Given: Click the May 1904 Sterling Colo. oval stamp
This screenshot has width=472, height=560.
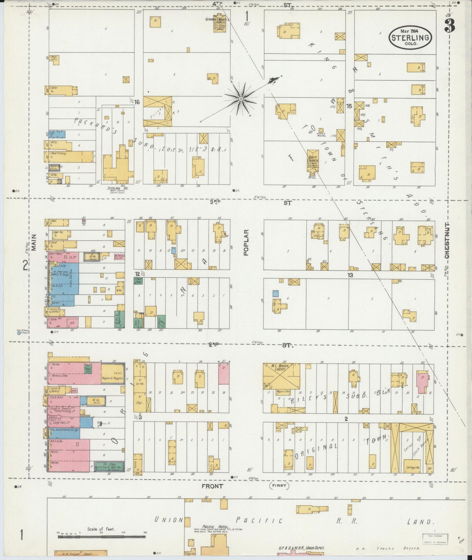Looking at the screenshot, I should pyautogui.click(x=410, y=38).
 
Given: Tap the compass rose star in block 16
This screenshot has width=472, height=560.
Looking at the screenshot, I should pyautogui.click(x=241, y=98).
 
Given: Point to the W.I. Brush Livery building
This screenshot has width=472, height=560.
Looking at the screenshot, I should pyautogui.click(x=282, y=376).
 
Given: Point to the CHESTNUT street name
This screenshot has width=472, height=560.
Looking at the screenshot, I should pyautogui.click(x=447, y=240).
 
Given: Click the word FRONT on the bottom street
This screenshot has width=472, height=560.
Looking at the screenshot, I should pyautogui.click(x=212, y=486).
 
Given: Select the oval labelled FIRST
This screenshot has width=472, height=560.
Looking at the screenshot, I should pyautogui.click(x=280, y=486).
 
